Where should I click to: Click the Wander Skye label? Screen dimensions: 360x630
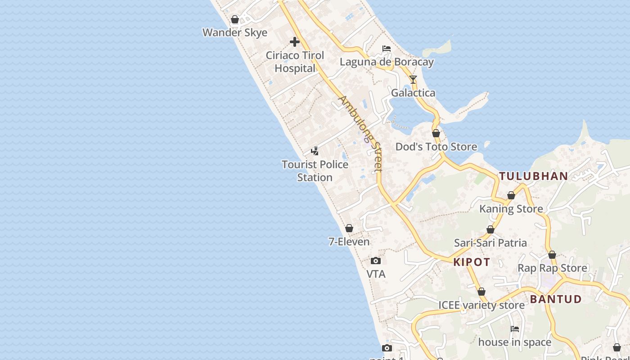[235, 32]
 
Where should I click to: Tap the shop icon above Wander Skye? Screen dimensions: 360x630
[235, 19]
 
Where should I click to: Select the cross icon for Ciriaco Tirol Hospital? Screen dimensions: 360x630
[295, 42]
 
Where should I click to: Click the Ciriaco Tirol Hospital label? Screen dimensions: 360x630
[295, 62]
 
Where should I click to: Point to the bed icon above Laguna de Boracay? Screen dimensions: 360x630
[387, 49]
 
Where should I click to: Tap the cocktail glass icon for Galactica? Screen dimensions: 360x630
[413, 80]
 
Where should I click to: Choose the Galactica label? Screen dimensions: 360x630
[413, 93]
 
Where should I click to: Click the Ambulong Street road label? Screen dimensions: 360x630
[361, 133]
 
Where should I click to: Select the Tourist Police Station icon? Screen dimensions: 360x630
[315, 151]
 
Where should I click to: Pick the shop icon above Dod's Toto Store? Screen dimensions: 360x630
[436, 133]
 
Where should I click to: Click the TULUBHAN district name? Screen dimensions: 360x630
[534, 176]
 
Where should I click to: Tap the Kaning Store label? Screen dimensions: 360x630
[511, 209]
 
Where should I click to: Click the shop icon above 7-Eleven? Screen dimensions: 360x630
[349, 229]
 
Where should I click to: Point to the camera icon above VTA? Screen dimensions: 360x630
[376, 261]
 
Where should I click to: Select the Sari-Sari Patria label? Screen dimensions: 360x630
[490, 243]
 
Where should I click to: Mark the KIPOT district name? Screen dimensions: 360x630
[472, 262]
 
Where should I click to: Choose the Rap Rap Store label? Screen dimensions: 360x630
[552, 268]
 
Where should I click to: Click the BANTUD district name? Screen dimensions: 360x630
[556, 299]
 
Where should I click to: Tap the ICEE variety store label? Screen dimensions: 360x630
[481, 305]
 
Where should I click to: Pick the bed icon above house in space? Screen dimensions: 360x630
[515, 329]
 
